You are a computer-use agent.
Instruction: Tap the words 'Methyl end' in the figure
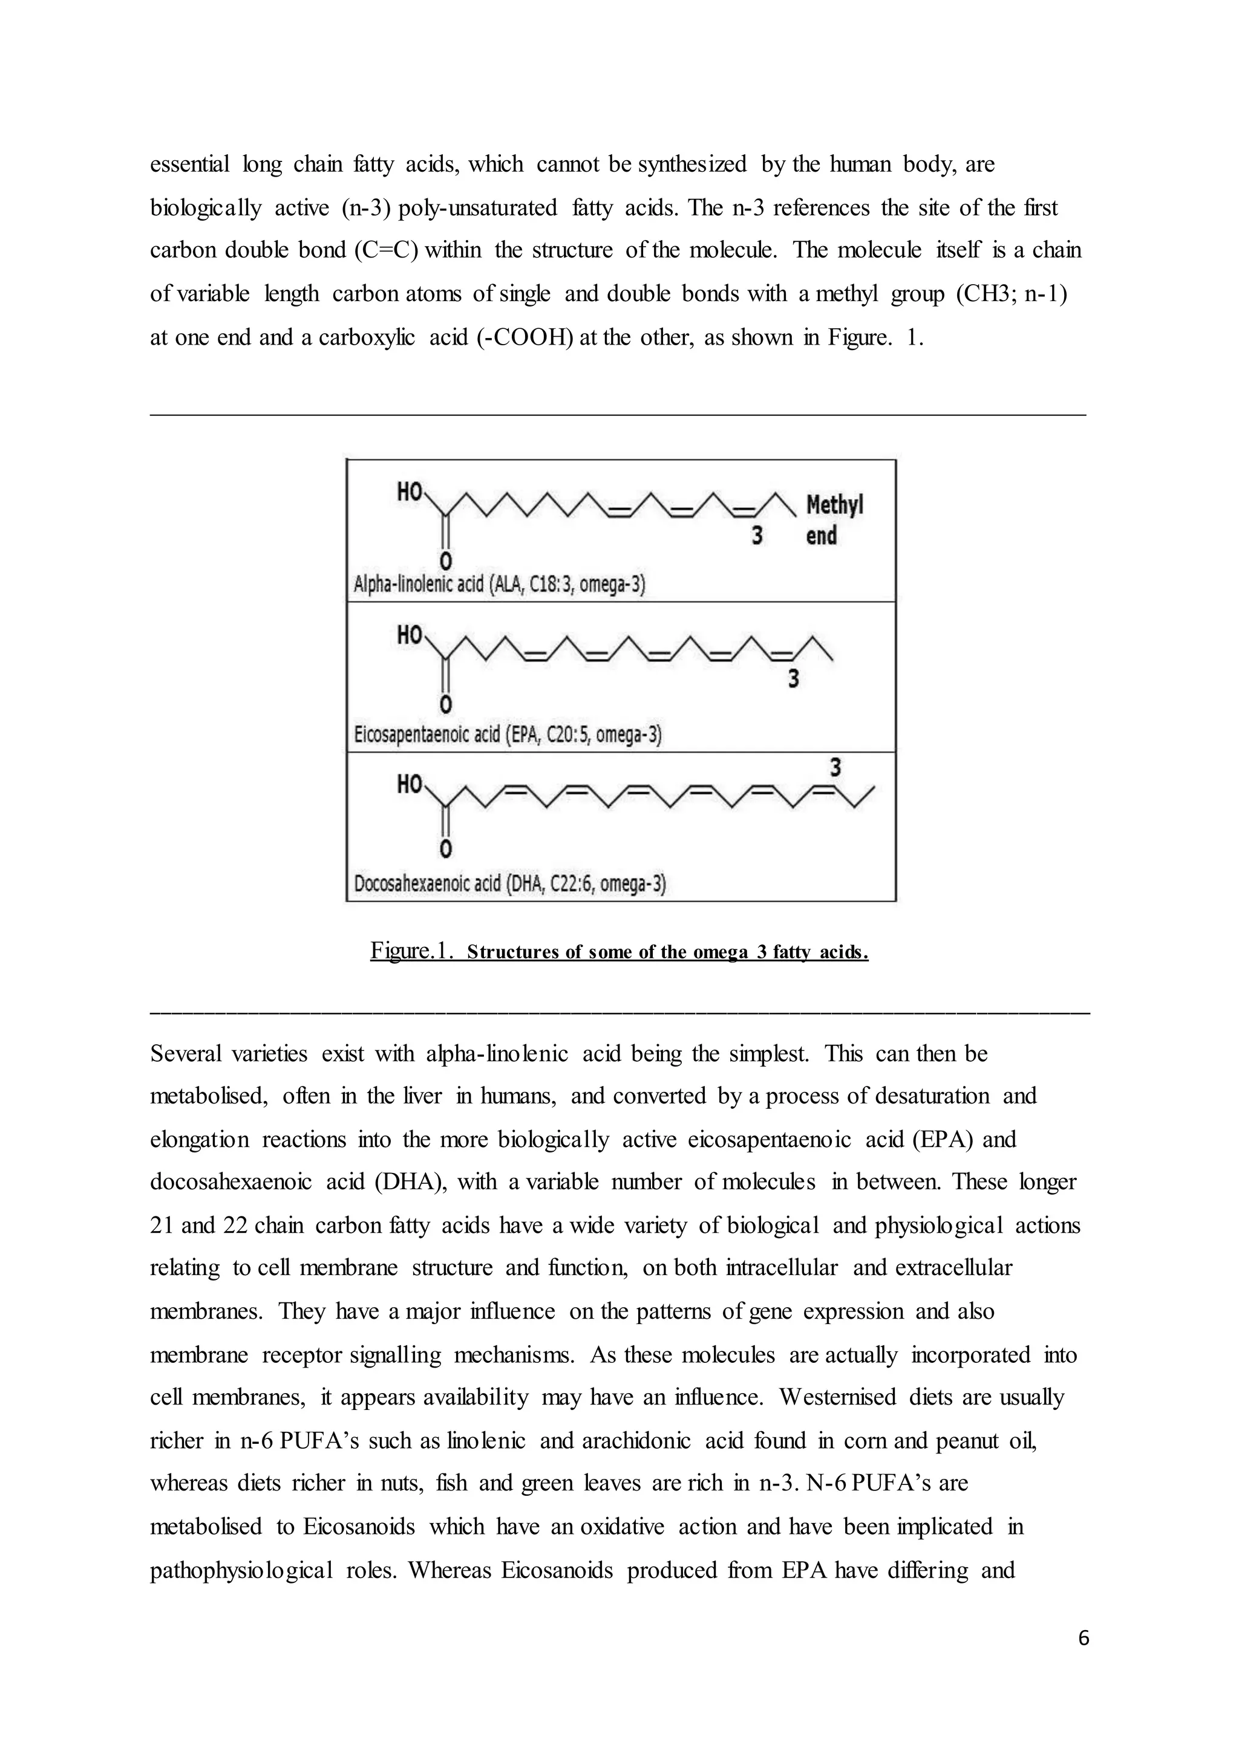click(833, 519)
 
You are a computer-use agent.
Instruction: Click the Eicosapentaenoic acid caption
click(508, 735)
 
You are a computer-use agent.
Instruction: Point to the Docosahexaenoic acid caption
click(509, 885)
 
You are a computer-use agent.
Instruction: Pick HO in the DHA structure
click(410, 785)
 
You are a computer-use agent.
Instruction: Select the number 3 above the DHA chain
click(835, 767)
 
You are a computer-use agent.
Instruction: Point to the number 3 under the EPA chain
click(794, 679)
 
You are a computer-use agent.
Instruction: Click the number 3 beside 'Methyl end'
click(757, 536)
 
